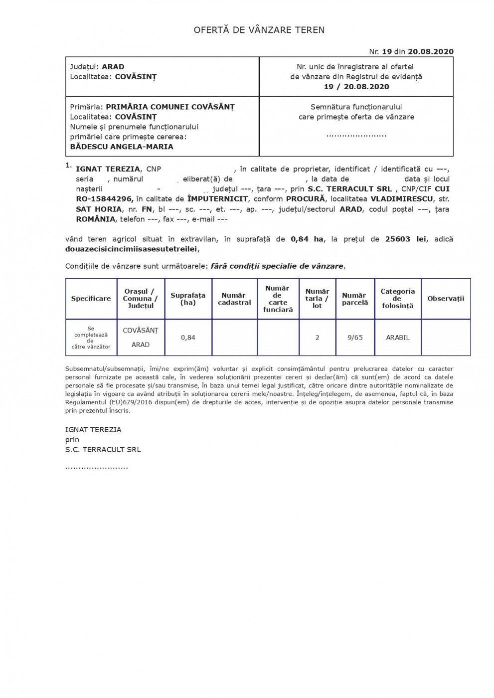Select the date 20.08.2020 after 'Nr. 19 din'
pos(430,51)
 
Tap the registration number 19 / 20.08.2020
pos(356,86)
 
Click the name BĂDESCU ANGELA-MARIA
pos(122,147)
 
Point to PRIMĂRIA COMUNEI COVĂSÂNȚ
pos(170,107)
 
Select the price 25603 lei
pos(405,239)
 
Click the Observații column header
pos(446,299)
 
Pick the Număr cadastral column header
pos(234,299)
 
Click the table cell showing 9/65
pos(355,338)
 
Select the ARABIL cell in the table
pos(397,338)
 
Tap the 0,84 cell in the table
pos(188,338)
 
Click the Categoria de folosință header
pos(397,298)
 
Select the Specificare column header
pos(91,299)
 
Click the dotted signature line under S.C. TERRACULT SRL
pos(97,468)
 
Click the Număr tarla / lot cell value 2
pos(317,338)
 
